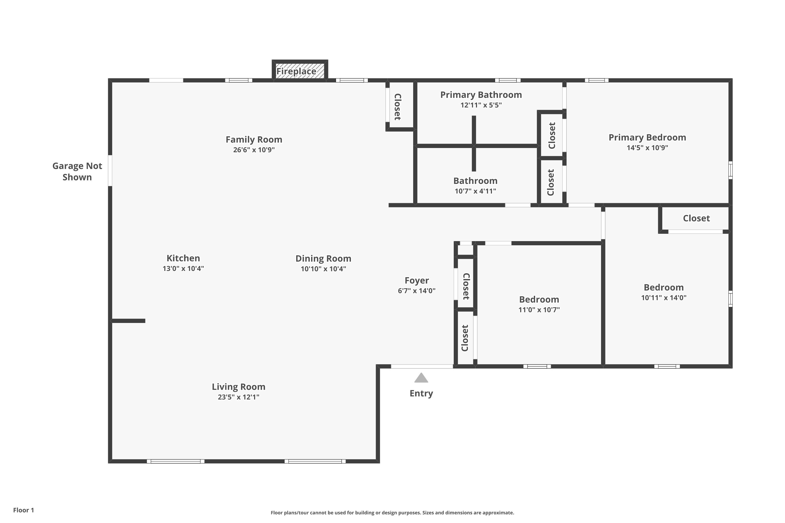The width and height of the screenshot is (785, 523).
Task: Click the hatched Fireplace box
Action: coord(300,71)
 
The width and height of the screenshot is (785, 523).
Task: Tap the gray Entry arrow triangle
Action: coord(421,378)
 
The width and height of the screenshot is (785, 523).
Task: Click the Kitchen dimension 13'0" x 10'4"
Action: coord(183,269)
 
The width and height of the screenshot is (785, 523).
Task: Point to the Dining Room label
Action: coord(323,259)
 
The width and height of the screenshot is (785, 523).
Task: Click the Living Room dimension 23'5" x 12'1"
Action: coord(238,397)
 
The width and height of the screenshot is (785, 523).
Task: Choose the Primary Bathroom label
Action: coord(481,95)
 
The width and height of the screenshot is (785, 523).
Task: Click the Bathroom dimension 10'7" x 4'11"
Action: coord(475,191)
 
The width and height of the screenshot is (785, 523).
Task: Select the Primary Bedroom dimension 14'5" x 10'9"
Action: coord(647,148)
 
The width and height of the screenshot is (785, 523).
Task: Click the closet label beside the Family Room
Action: coord(397,107)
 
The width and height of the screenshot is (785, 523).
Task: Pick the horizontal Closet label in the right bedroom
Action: coord(696,218)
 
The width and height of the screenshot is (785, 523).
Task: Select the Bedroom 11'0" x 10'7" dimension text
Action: coord(539,310)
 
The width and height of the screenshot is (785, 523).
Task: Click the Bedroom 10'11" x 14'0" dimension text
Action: coord(664,298)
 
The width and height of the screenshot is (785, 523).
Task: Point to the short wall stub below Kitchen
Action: coord(128,321)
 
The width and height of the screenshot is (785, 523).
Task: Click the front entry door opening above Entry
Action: coord(422,367)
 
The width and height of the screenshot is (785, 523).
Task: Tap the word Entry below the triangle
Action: coord(421,393)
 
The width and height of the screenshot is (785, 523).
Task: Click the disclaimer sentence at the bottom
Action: coord(392,513)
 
